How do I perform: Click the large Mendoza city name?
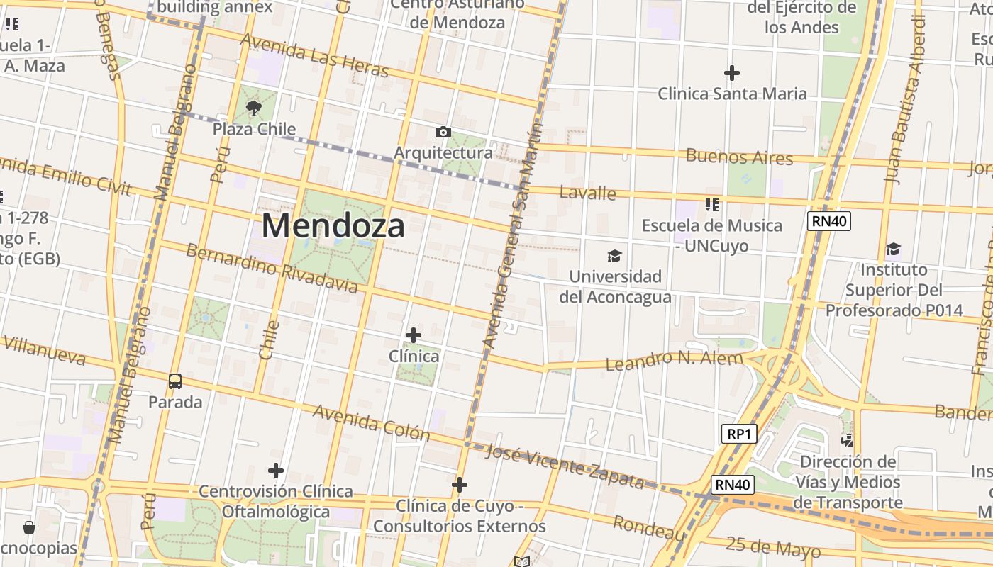pos(333,226)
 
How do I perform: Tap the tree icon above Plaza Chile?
pos(253,108)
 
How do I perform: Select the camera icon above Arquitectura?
pos(443,133)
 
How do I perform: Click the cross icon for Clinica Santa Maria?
pos(732,73)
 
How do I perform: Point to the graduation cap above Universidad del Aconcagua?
pos(614,257)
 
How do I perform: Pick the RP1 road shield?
pos(738,434)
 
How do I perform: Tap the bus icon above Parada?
pos(175,381)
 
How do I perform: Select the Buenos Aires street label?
pos(739,157)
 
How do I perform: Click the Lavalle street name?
pos(587,192)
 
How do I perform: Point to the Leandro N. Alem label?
pos(674,360)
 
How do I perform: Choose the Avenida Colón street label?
pos(371,422)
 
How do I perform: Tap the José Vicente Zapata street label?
pos(565,467)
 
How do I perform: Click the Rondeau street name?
pos(648,528)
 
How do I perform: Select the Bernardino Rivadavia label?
pos(272,268)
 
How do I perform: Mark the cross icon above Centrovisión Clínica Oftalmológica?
pos(276,471)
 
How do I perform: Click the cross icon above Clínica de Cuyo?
pos(460,485)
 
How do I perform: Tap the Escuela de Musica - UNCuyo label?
pos(711,235)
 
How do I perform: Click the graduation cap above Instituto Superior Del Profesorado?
pos(893,249)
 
